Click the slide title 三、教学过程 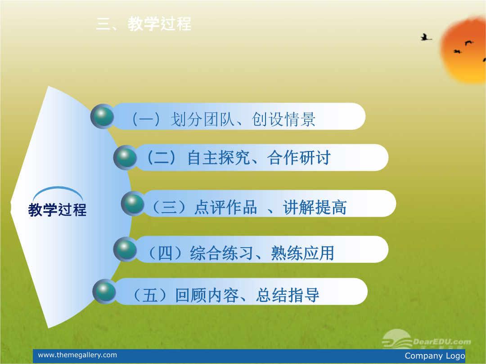pos(144,24)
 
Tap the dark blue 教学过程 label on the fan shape pos(57,209)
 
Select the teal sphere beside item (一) pos(103,116)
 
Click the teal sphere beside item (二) pos(126,157)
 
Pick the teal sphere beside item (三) pos(134,204)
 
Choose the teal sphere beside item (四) pos(126,249)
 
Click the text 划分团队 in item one pos(202,120)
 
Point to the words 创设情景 pos(284,120)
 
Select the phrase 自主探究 pos(219,158)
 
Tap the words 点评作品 pos(226,207)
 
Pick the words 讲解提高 pos(315,207)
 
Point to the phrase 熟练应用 pos(303,253)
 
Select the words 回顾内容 pos(207,295)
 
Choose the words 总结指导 pos(288,295)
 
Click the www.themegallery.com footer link pos(77,355)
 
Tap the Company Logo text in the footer pos(435,356)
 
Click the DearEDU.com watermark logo pos(427,340)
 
